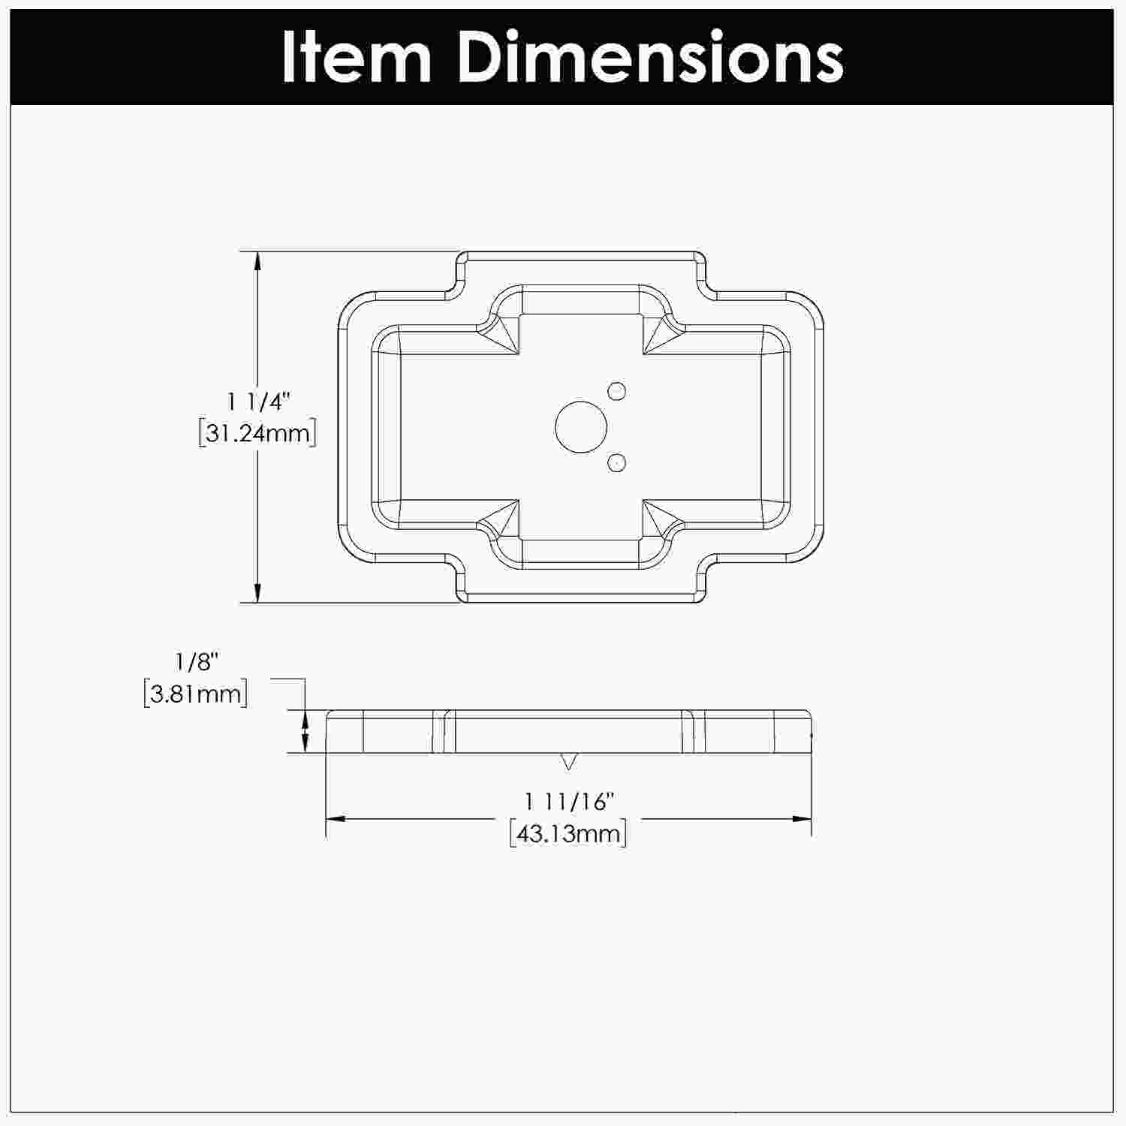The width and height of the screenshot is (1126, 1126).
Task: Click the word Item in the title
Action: click(x=357, y=57)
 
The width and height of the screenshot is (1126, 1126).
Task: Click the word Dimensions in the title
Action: click(x=650, y=57)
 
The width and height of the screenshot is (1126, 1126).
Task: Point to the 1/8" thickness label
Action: click(x=197, y=662)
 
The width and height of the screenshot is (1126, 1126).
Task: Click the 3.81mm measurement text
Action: click(x=195, y=693)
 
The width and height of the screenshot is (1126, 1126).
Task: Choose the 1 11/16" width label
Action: click(x=569, y=802)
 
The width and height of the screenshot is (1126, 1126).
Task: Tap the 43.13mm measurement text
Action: click(x=568, y=833)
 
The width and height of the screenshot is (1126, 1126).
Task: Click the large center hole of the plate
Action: click(x=580, y=426)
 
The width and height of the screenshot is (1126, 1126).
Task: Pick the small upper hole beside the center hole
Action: click(x=617, y=390)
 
